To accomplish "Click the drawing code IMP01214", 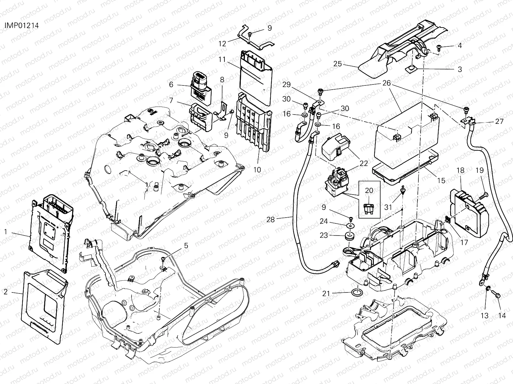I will coord(22,26).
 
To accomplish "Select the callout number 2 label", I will coord(5,292).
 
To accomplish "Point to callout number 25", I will coord(338,64).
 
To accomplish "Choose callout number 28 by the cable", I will coord(271,220).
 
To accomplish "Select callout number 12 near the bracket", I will coord(223,44).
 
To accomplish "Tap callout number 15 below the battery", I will coord(441,180).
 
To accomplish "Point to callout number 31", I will coord(388,207).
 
